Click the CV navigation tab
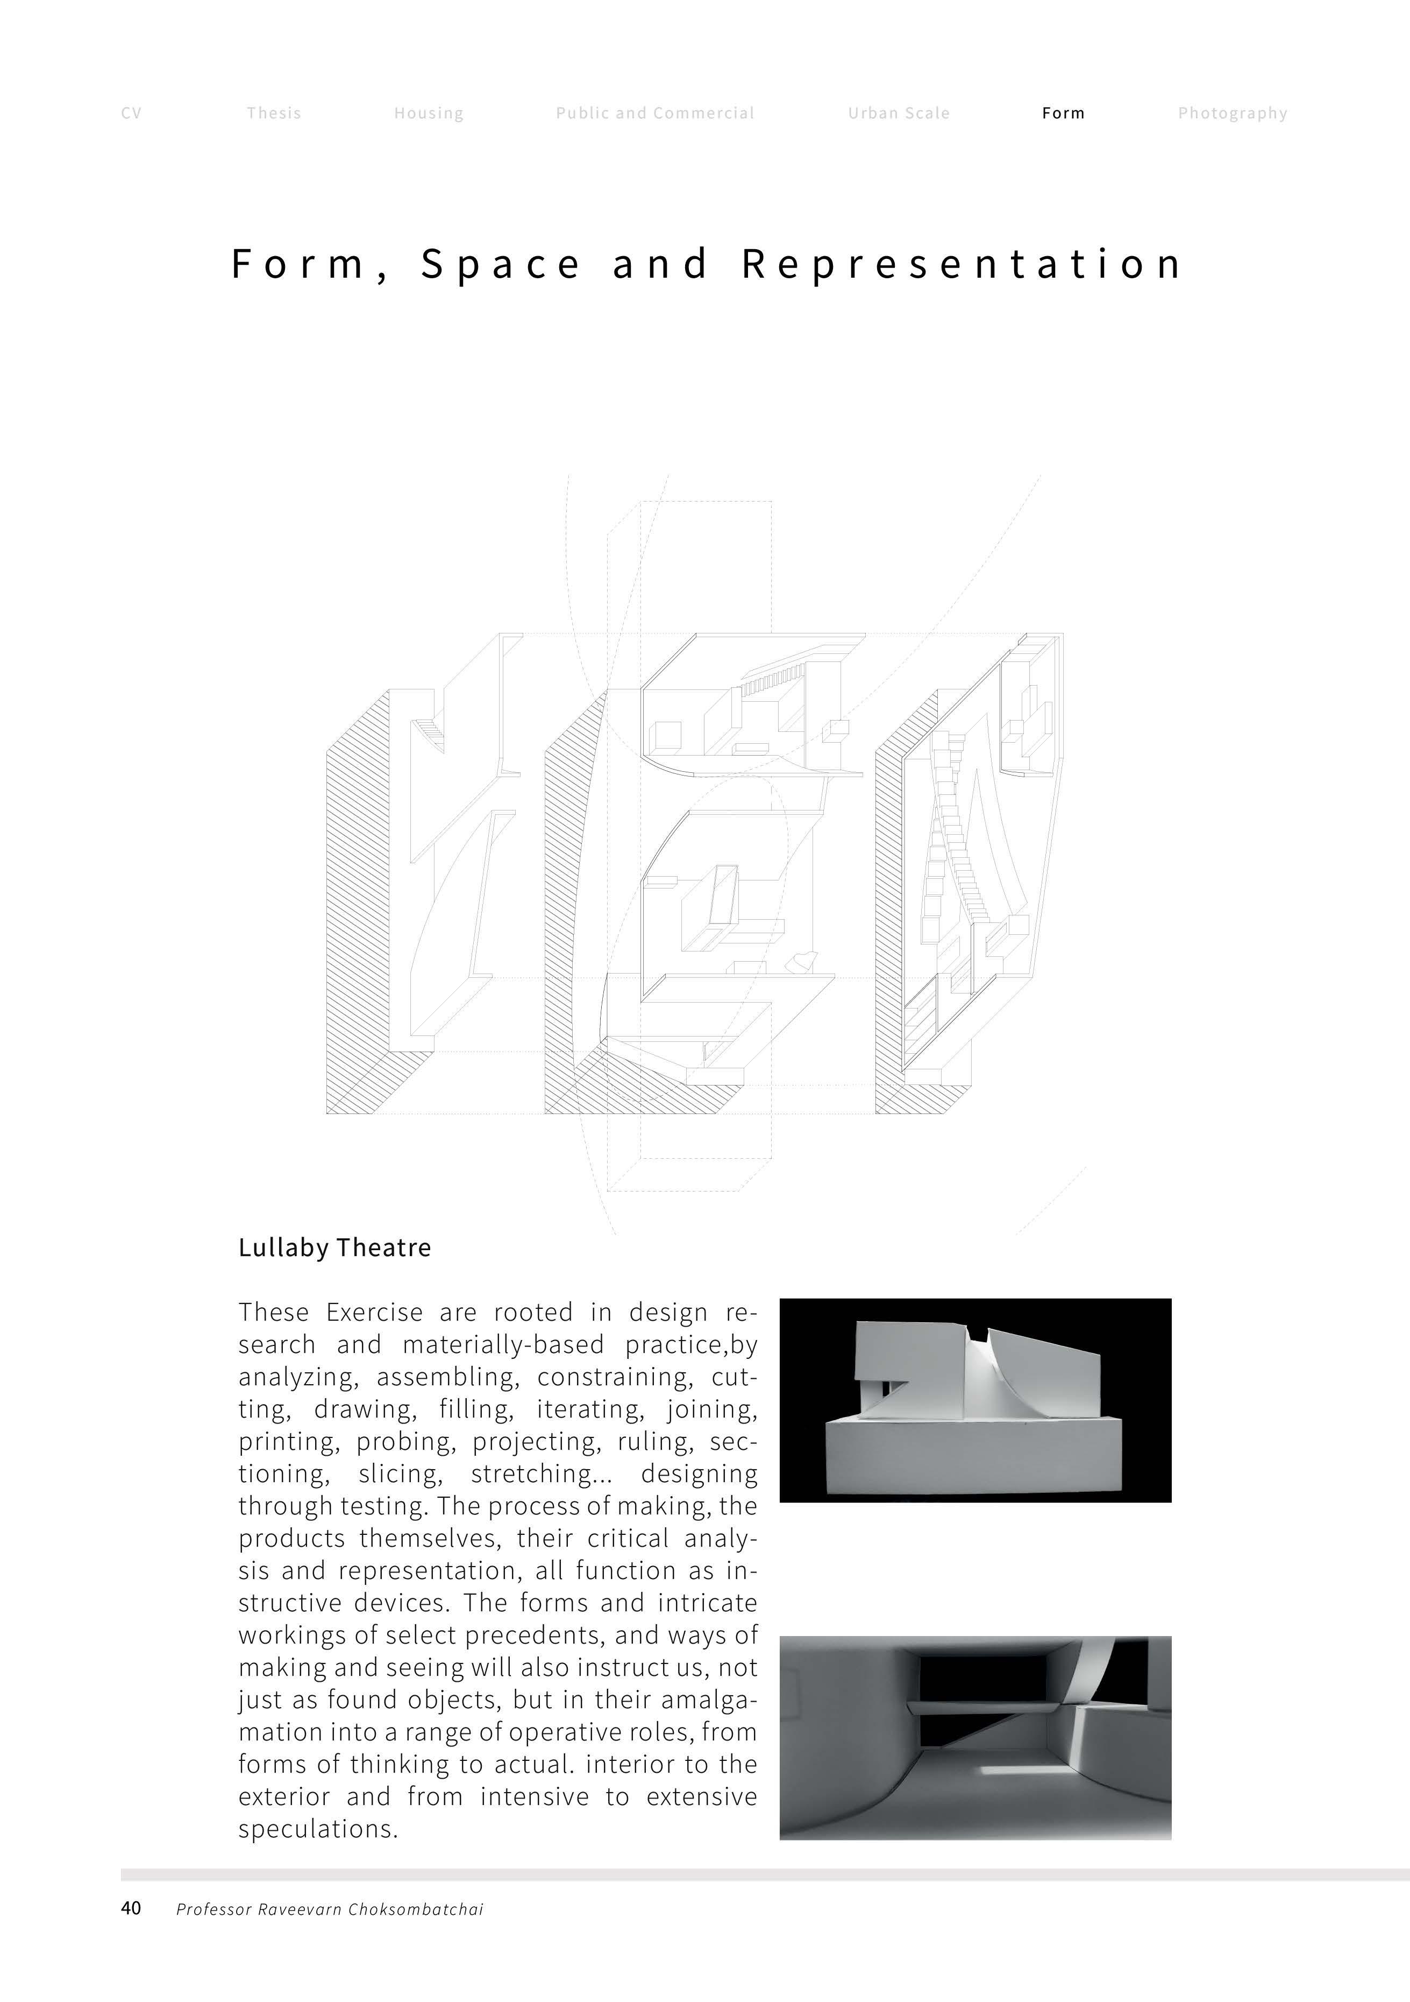click(x=131, y=114)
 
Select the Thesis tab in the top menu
click(x=274, y=114)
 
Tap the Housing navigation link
click(x=429, y=114)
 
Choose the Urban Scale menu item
click(x=899, y=114)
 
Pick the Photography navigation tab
click(x=1232, y=114)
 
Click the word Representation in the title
click(x=962, y=264)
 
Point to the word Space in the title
click(x=501, y=264)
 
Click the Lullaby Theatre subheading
click(x=334, y=1248)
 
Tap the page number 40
click(x=131, y=1909)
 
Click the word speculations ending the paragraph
click(x=317, y=1829)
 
